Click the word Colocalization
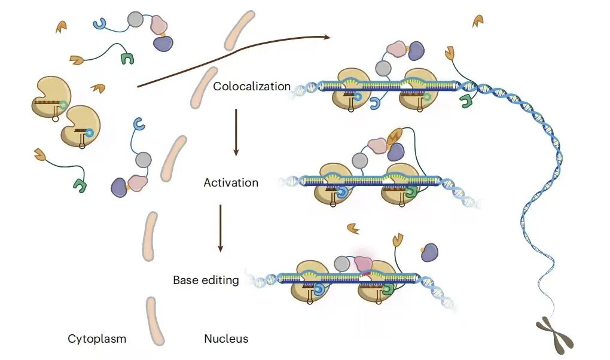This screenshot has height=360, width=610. pyautogui.click(x=252, y=86)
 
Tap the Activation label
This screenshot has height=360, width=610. pyautogui.click(x=231, y=182)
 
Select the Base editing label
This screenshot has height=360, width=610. pyautogui.click(x=206, y=280)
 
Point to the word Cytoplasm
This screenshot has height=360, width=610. pyautogui.click(x=97, y=338)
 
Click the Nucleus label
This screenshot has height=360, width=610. pyautogui.click(x=226, y=338)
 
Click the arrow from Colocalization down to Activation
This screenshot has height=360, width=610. pyautogui.click(x=236, y=132)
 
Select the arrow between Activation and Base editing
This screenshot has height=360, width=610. pyautogui.click(x=221, y=228)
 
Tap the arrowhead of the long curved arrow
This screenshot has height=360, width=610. pyautogui.click(x=327, y=37)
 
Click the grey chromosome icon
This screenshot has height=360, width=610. pyautogui.click(x=555, y=335)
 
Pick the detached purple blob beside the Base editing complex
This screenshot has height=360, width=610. pyautogui.click(x=429, y=252)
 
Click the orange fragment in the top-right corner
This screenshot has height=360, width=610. pyautogui.click(x=478, y=21)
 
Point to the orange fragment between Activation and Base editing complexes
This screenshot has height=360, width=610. pyautogui.click(x=353, y=228)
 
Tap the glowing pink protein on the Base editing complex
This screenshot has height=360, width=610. pyautogui.click(x=364, y=264)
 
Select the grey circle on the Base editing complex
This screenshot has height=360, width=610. pyautogui.click(x=342, y=264)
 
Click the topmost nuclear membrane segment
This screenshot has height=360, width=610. pyautogui.click(x=240, y=30)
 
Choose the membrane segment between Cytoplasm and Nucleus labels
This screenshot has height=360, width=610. pyautogui.click(x=155, y=321)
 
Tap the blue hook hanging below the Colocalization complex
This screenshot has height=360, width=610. pyautogui.click(x=375, y=103)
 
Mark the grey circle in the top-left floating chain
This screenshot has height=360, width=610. pyautogui.click(x=135, y=20)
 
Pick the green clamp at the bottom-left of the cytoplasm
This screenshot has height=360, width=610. pyautogui.click(x=80, y=185)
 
